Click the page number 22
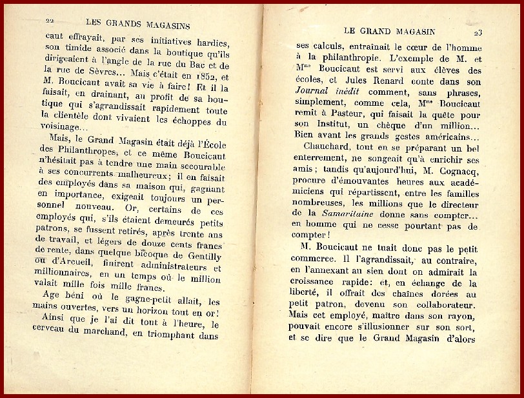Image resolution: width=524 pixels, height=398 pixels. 49,21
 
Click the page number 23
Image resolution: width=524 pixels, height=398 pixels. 478,32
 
